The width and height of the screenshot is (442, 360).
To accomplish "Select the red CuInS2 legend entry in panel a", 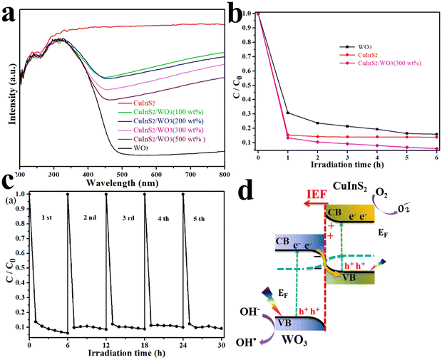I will [135, 104].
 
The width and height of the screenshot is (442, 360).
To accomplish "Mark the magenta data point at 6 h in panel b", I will [436, 148].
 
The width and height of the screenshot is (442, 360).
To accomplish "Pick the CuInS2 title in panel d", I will [356, 187].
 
